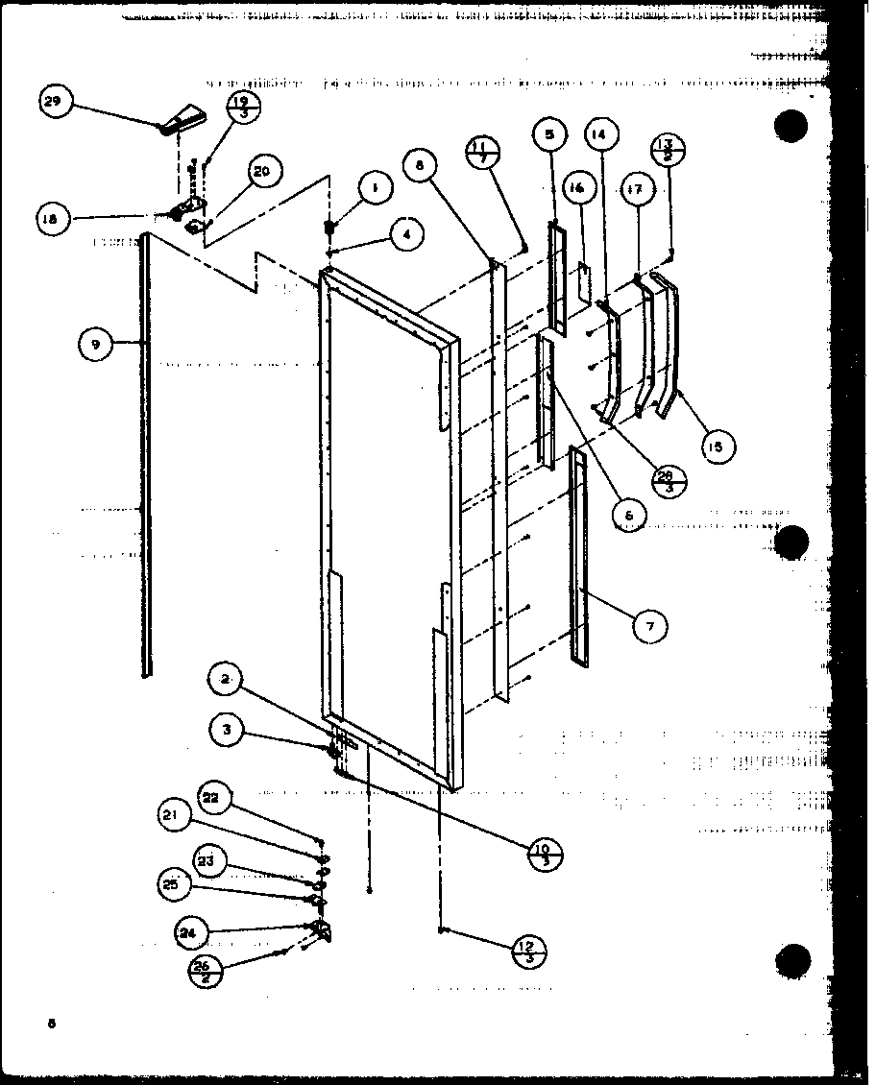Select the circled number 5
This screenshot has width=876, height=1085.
(x=549, y=135)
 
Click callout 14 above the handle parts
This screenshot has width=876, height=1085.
(x=599, y=135)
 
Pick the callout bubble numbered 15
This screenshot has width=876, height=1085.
(x=717, y=446)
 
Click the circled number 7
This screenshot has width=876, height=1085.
(x=650, y=626)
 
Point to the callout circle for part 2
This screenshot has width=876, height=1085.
(x=224, y=681)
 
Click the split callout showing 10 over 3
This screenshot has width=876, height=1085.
(x=544, y=852)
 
